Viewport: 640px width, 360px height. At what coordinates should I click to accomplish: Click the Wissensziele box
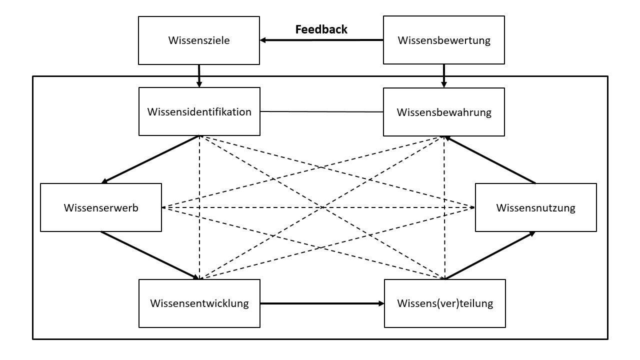(x=199, y=40)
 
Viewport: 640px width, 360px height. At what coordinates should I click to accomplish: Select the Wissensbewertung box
(x=444, y=40)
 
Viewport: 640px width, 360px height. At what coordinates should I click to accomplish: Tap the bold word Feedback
(x=321, y=29)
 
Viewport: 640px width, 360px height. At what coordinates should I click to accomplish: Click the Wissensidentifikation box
(x=199, y=111)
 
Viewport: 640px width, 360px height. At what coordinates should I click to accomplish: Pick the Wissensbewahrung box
(x=444, y=112)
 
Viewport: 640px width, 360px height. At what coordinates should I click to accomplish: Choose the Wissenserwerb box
(x=100, y=207)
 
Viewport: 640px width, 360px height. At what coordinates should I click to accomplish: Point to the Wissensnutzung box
(x=535, y=207)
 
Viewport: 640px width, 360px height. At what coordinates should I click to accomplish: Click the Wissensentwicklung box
(x=199, y=303)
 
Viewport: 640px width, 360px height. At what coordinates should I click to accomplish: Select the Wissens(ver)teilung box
(x=444, y=303)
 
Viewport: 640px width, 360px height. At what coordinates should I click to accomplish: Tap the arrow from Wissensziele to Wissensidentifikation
(x=199, y=75)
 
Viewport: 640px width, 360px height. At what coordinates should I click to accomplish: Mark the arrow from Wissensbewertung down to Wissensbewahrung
(x=444, y=75)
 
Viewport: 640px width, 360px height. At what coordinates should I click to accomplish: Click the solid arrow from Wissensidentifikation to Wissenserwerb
(x=150, y=159)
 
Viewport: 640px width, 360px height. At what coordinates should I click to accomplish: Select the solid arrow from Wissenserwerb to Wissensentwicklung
(x=150, y=255)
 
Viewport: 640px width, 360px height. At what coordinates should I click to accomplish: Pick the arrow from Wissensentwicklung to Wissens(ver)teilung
(x=322, y=303)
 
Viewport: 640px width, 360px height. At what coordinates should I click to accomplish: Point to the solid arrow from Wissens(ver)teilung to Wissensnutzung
(x=490, y=255)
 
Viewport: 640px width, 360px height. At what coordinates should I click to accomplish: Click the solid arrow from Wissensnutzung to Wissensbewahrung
(x=490, y=159)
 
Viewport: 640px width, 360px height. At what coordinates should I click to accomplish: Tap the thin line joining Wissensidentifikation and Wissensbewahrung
(x=321, y=111)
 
